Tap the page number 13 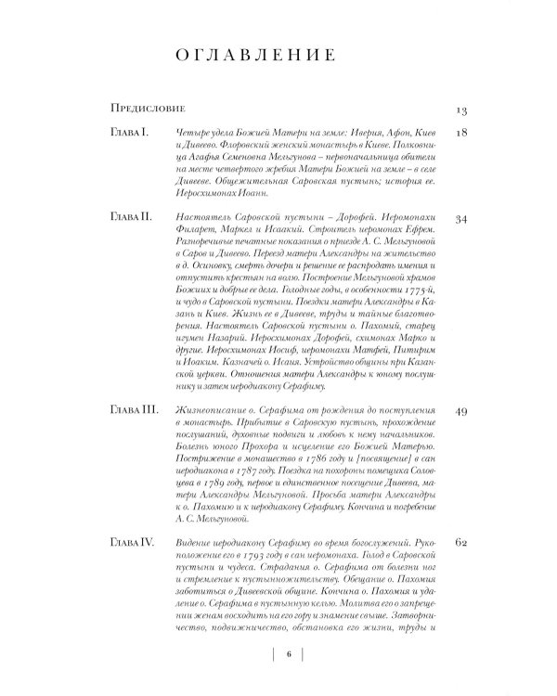tap(460, 110)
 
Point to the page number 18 tap(460, 135)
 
